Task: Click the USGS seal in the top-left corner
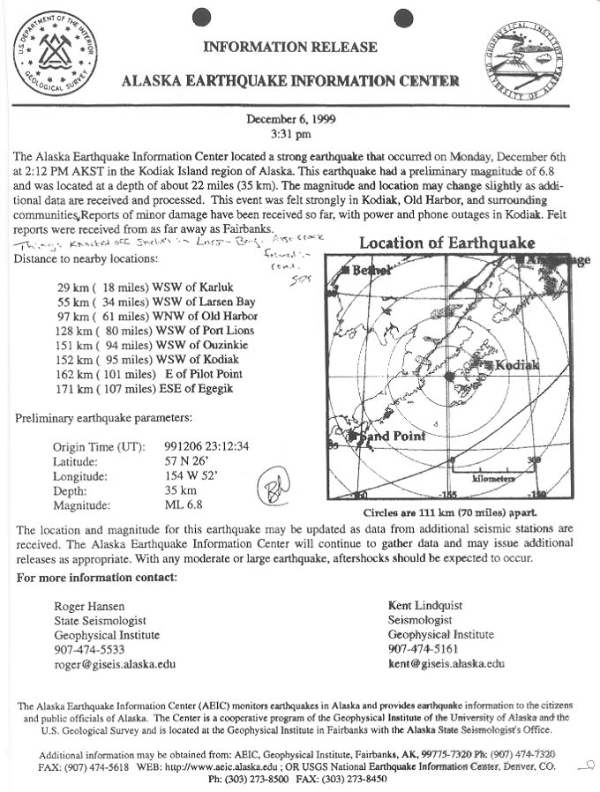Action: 55,53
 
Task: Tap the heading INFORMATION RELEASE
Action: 290,47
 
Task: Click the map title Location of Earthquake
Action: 446,243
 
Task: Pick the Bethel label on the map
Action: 371,271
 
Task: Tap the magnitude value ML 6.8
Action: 184,505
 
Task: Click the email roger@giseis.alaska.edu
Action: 115,664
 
